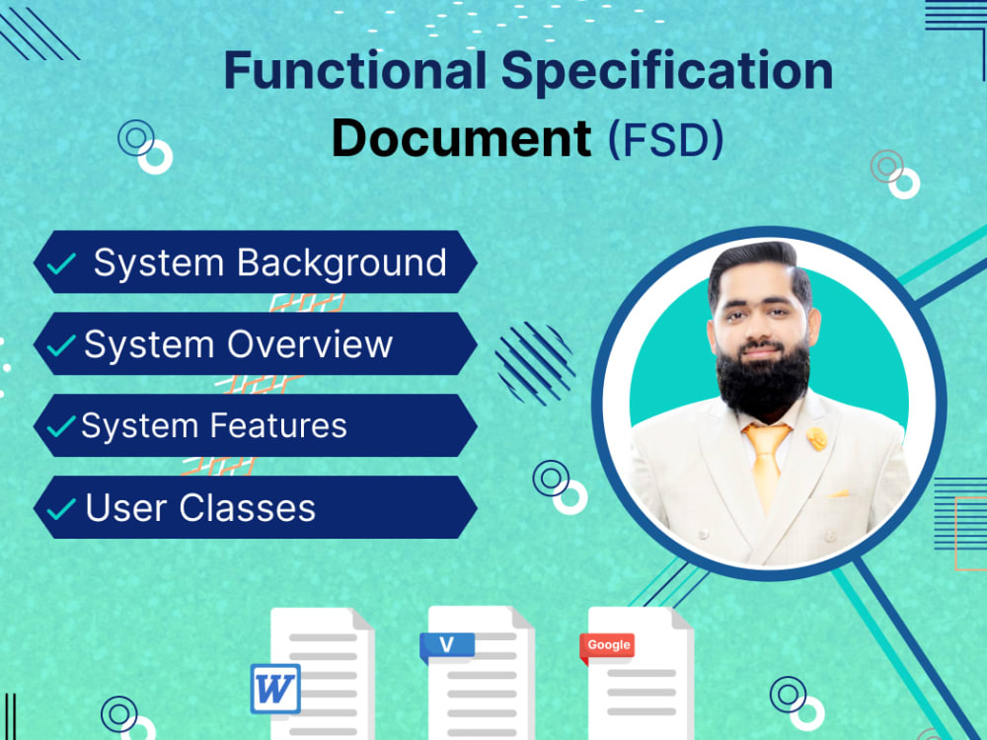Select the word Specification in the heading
[667, 72]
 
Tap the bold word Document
[461, 138]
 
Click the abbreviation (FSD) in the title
[665, 140]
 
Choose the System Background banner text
[269, 263]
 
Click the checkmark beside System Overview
[61, 346]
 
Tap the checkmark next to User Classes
[61, 509]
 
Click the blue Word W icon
[275, 688]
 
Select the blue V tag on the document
[447, 645]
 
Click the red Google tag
[608, 645]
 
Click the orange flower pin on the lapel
[817, 437]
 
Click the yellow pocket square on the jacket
[838, 492]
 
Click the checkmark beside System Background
[61, 264]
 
